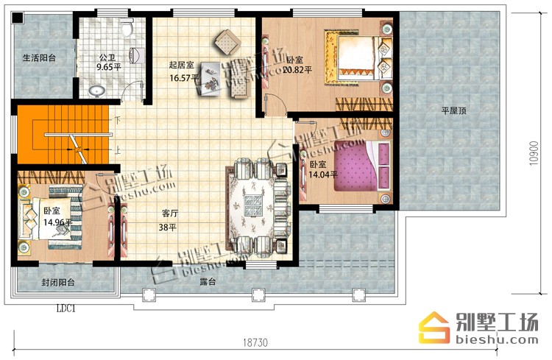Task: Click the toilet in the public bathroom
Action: tap(127, 27)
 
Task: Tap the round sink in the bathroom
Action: tap(97, 91)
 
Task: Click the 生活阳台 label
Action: tap(40, 57)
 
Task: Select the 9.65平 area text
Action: tap(109, 67)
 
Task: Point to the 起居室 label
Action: tap(181, 65)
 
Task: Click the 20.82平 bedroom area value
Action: tap(297, 70)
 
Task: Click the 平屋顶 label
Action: tap(454, 111)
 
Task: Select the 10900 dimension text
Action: tap(534, 153)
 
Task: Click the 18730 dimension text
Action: tap(255, 342)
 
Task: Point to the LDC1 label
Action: tap(66, 309)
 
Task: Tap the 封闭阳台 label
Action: tap(58, 282)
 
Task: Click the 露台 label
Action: tap(208, 282)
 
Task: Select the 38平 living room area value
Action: tap(168, 227)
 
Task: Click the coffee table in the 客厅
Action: tap(253, 205)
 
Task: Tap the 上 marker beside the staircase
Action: tap(118, 150)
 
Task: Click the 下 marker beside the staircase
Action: tap(118, 120)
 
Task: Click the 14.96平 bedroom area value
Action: tap(57, 222)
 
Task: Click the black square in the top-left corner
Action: tap(18, 17)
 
